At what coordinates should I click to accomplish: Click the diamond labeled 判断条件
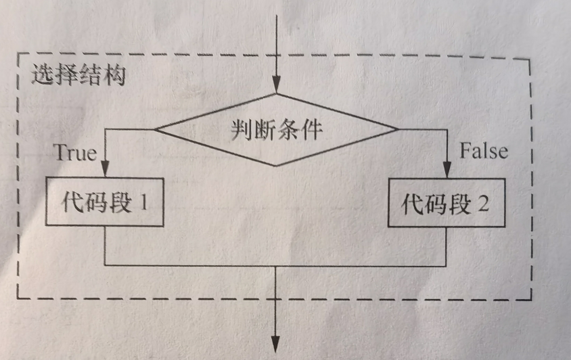pos(277,129)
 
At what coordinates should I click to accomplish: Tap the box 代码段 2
pos(447,202)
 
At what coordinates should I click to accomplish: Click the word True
pos(75,152)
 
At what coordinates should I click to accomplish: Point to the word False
pos(484,150)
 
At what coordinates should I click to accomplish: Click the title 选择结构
pos(78,74)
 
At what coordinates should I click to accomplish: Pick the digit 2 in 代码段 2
pos(484,202)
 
